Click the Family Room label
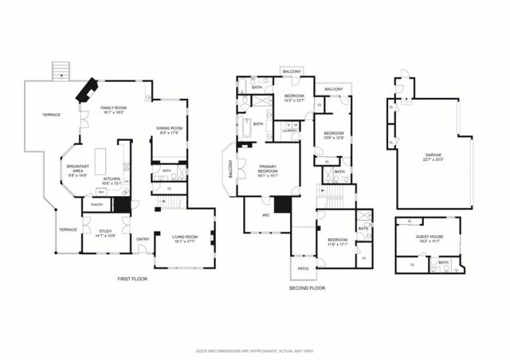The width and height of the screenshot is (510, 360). (x=115, y=110)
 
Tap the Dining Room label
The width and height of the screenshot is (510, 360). (x=169, y=130)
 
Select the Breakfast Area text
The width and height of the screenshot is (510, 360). (x=76, y=170)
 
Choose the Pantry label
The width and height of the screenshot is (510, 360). (x=96, y=205)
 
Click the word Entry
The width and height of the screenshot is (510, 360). (x=143, y=239)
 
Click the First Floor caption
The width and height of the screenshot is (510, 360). (x=131, y=279)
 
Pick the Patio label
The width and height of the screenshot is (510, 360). (x=303, y=269)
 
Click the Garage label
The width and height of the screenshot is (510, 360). (x=433, y=157)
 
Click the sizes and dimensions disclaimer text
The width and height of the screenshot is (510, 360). (x=254, y=350)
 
